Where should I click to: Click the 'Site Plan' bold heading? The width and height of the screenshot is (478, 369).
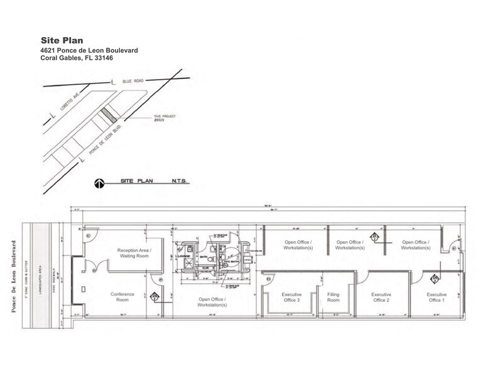coord(62,40)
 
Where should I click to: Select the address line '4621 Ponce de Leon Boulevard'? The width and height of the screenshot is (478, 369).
coord(89,50)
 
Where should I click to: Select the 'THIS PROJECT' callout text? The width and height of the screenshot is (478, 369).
coord(163,116)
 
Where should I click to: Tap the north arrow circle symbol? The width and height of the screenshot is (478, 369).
coord(99,184)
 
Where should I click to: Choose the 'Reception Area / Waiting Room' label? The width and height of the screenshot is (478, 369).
coord(134,253)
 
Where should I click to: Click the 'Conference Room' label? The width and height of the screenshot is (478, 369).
coord(122,297)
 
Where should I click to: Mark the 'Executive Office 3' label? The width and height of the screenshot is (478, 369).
coord(291,297)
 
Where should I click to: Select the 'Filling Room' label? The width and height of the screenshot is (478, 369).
coord(332,297)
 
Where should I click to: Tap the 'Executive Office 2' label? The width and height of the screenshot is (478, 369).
coord(381,297)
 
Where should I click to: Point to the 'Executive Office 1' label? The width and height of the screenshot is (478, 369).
coord(437,297)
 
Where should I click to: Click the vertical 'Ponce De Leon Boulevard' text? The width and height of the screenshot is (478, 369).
coord(13,274)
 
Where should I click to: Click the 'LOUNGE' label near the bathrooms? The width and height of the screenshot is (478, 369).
coord(184,257)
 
